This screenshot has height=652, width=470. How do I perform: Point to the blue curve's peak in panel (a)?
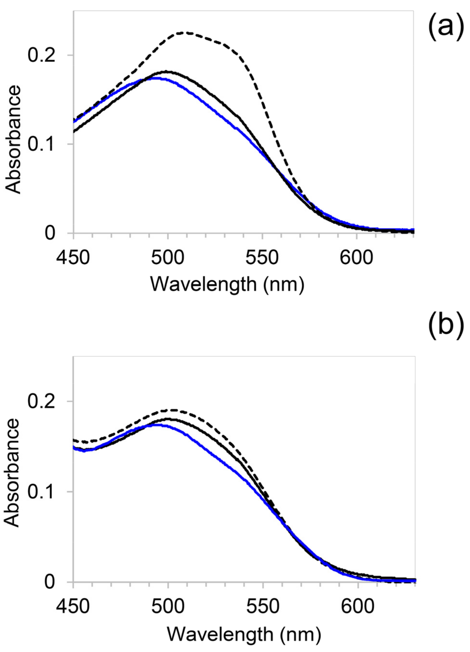[x=155, y=78]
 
